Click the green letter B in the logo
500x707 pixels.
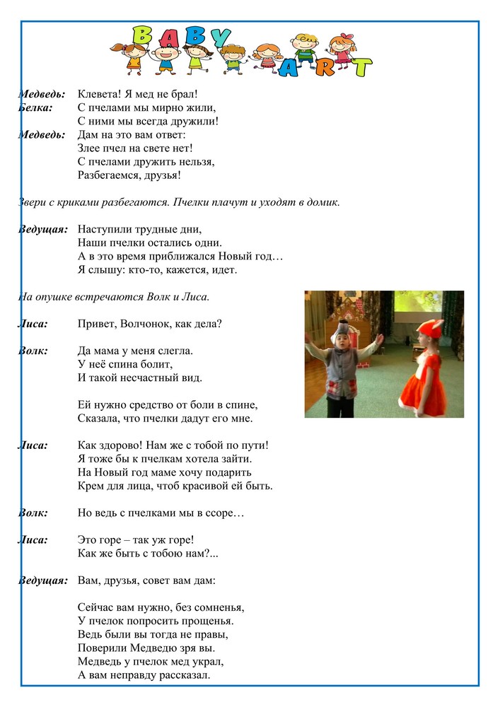[143, 35]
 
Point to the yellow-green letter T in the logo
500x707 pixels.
[361, 67]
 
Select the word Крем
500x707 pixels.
[91, 486]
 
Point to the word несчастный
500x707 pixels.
[149, 377]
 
